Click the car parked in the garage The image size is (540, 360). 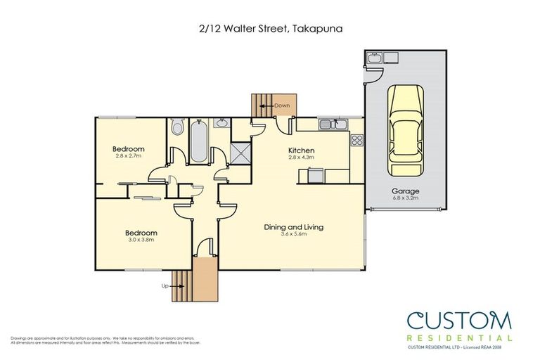[x=403, y=134]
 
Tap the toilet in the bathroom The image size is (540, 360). [x=177, y=128]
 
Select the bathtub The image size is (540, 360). [x=198, y=141]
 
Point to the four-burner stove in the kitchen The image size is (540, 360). [x=356, y=139]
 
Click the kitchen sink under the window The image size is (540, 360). [x=329, y=125]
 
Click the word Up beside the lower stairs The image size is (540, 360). [x=165, y=286]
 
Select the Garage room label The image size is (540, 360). [x=406, y=191]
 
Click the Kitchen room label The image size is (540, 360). [x=301, y=150]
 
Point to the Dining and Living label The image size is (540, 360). [x=293, y=226]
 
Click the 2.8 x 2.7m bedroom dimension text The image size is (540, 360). [x=129, y=156]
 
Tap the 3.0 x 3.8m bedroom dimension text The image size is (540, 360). [x=141, y=240]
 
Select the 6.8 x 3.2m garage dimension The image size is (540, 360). [x=406, y=198]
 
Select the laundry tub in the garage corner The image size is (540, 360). [x=374, y=58]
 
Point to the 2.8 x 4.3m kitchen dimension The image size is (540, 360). [x=301, y=158]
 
